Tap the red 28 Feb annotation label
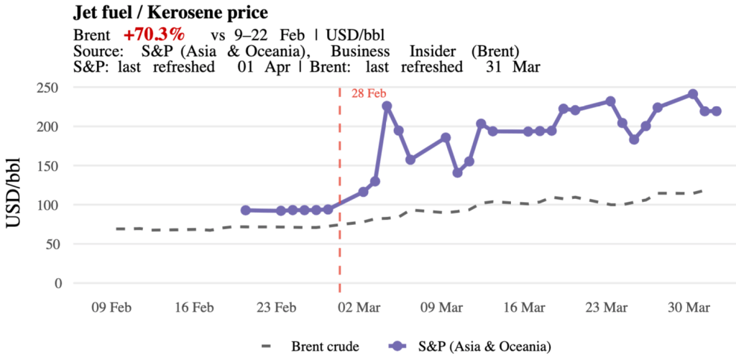[369, 93]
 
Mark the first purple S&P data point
[246, 211]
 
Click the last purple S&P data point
[717, 111]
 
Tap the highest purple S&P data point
[693, 94]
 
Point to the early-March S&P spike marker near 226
[387, 106]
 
